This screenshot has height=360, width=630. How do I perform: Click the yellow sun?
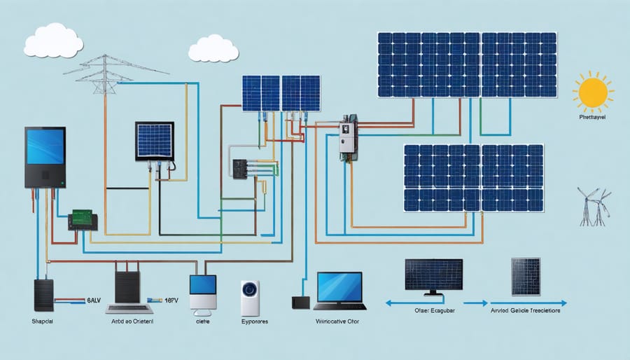tap(593, 92)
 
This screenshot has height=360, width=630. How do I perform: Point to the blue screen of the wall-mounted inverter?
tap(45, 146)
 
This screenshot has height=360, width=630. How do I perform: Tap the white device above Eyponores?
tap(250, 296)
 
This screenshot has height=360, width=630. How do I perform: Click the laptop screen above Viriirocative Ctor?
tap(339, 286)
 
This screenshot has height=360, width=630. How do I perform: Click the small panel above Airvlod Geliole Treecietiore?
tap(525, 277)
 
